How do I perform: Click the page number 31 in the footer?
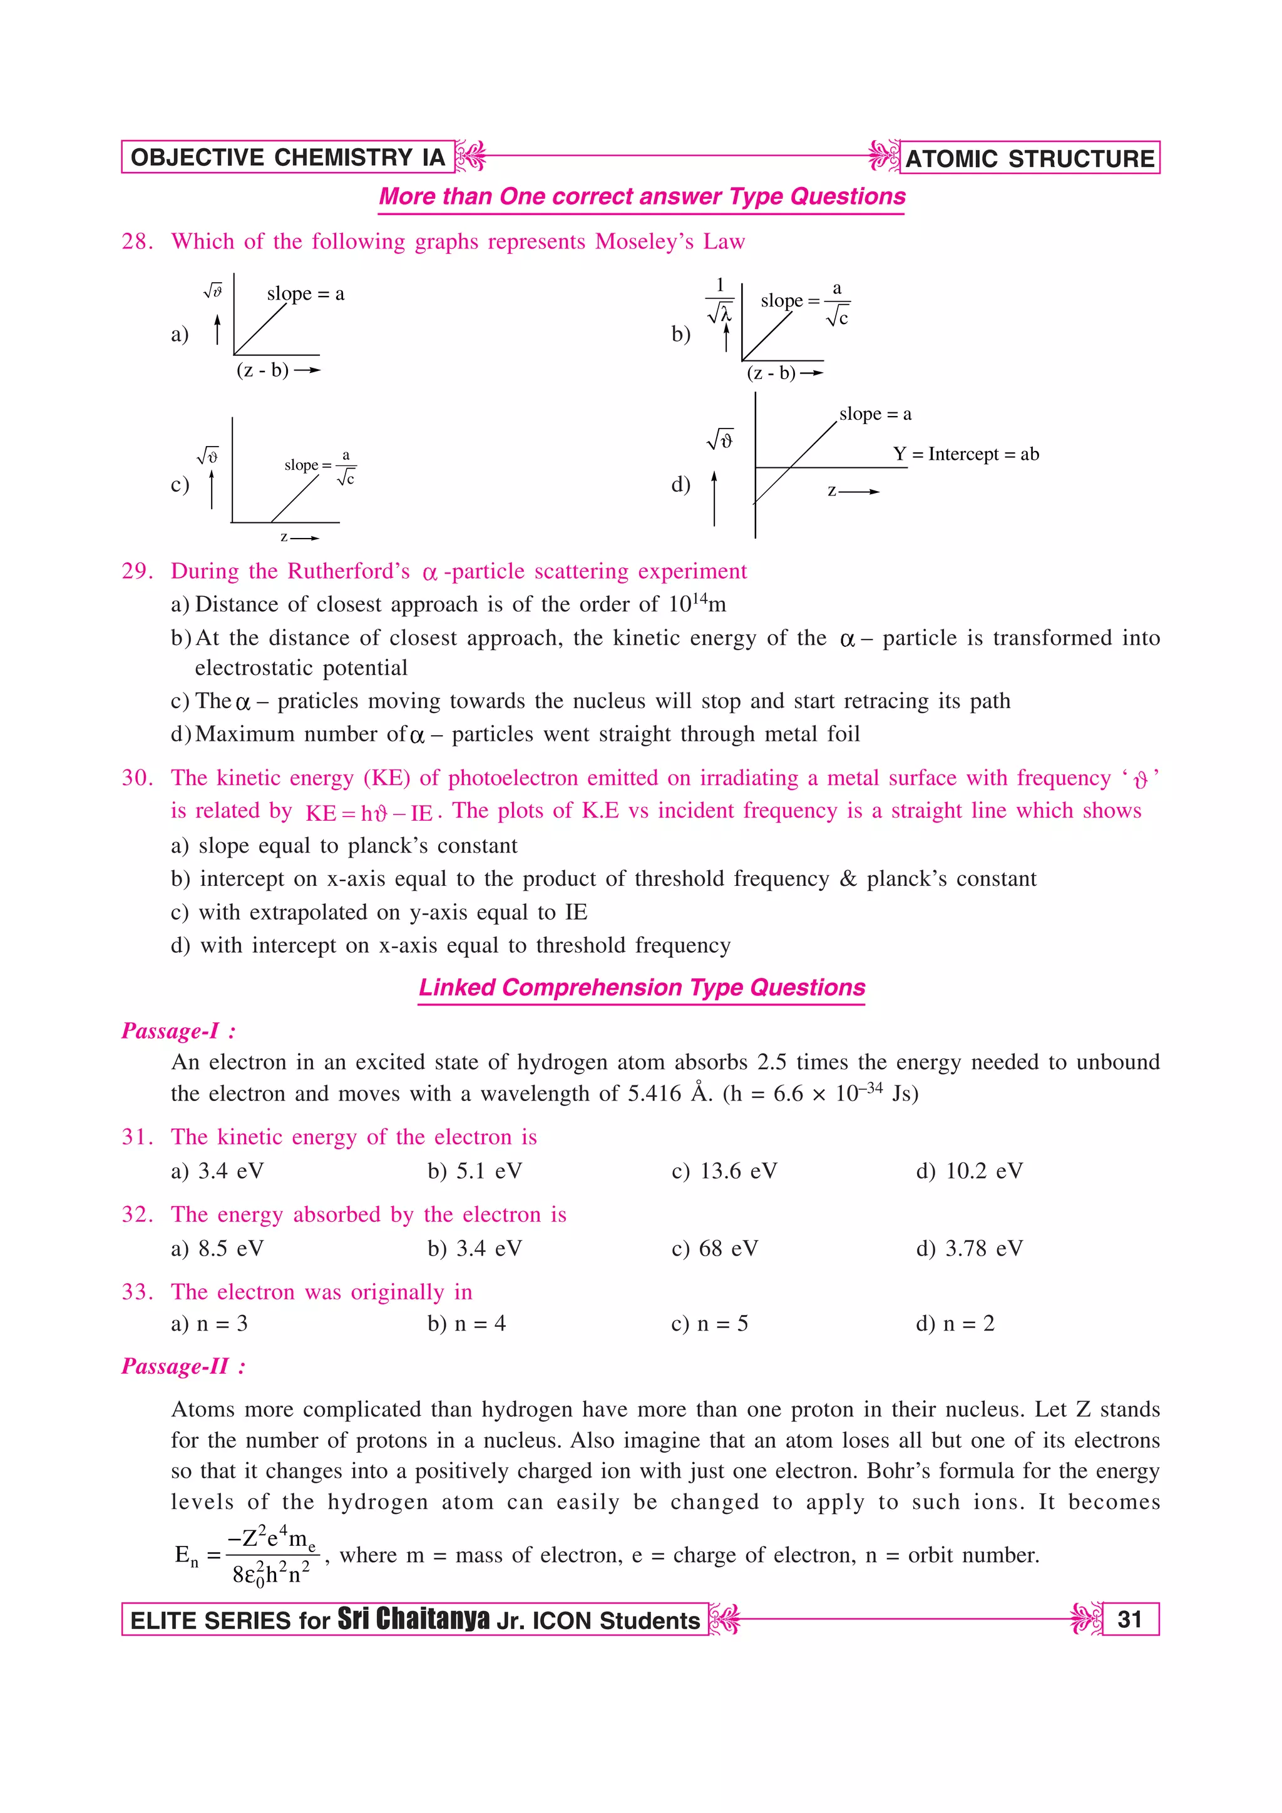pos(1129,1619)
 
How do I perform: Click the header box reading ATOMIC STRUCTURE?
pos(1029,158)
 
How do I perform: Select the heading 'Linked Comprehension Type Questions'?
pos(642,987)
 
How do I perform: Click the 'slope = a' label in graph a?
pos(305,294)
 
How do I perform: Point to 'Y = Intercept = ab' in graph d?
pos(965,454)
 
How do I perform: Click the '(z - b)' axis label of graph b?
pos(771,373)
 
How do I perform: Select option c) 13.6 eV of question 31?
pos(724,1171)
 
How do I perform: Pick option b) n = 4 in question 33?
pos(466,1323)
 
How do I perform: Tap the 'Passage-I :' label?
pos(178,1030)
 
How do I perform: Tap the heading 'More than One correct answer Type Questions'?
pos(642,196)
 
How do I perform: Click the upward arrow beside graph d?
pos(714,497)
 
